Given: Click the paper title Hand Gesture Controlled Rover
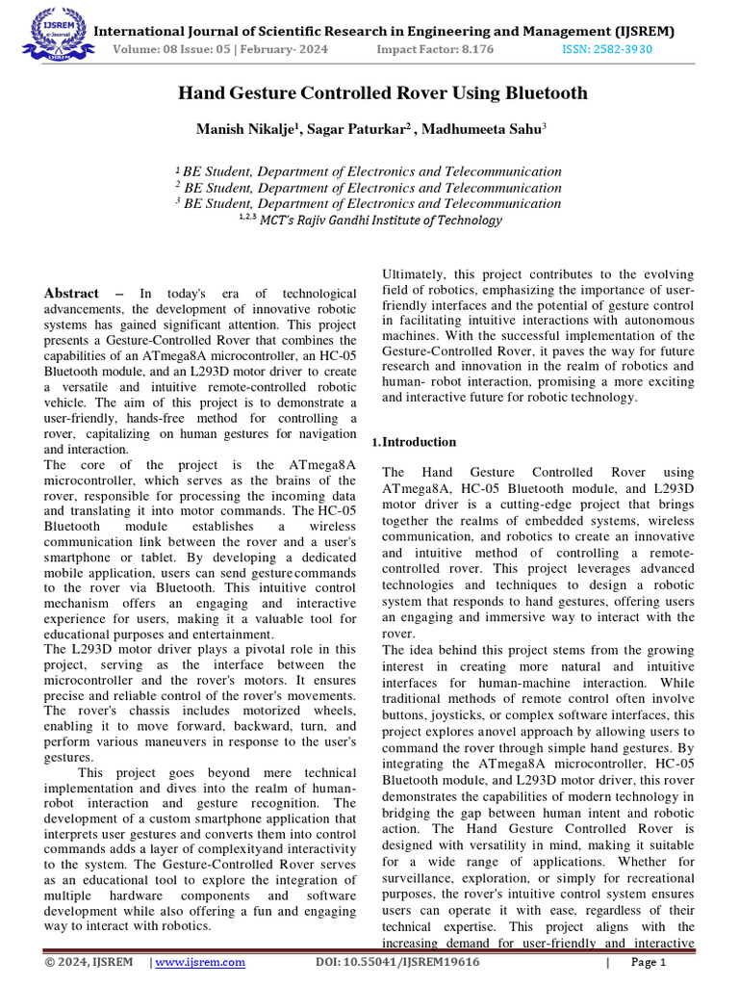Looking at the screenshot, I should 382,93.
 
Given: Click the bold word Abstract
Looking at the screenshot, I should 72,293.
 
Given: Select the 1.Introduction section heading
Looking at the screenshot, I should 414,442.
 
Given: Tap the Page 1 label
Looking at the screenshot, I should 649,962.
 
